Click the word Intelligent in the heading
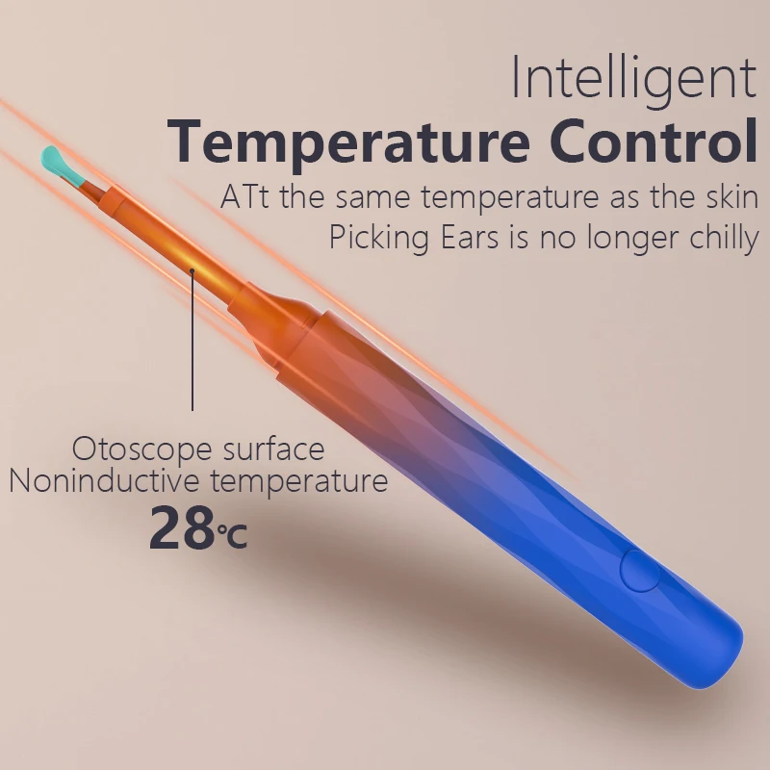633,79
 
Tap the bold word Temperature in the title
346,141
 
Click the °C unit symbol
231,534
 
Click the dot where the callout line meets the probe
193,273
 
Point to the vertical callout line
193,346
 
